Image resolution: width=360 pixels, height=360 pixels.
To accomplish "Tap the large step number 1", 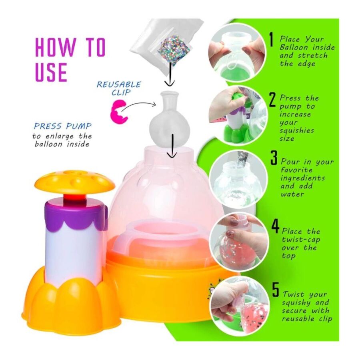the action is point(272,40).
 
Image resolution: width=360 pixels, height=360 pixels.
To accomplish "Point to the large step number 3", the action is point(274,158).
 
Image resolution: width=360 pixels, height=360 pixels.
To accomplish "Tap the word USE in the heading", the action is point(51,72).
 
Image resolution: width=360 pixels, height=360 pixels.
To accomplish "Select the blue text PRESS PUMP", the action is point(63,126).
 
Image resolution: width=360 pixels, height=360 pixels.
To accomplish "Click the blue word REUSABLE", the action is point(119,84).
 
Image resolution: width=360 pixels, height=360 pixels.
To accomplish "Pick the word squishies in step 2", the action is point(297,131).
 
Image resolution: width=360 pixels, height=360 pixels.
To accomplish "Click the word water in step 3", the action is point(292,194).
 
